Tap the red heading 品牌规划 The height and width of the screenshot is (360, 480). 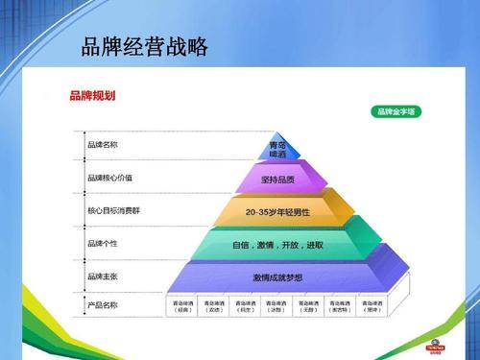tap(92, 96)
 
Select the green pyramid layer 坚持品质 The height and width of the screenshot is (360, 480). tap(277, 180)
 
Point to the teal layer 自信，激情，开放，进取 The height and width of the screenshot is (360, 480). tap(277, 245)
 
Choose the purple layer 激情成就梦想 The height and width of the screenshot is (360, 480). tap(277, 276)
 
